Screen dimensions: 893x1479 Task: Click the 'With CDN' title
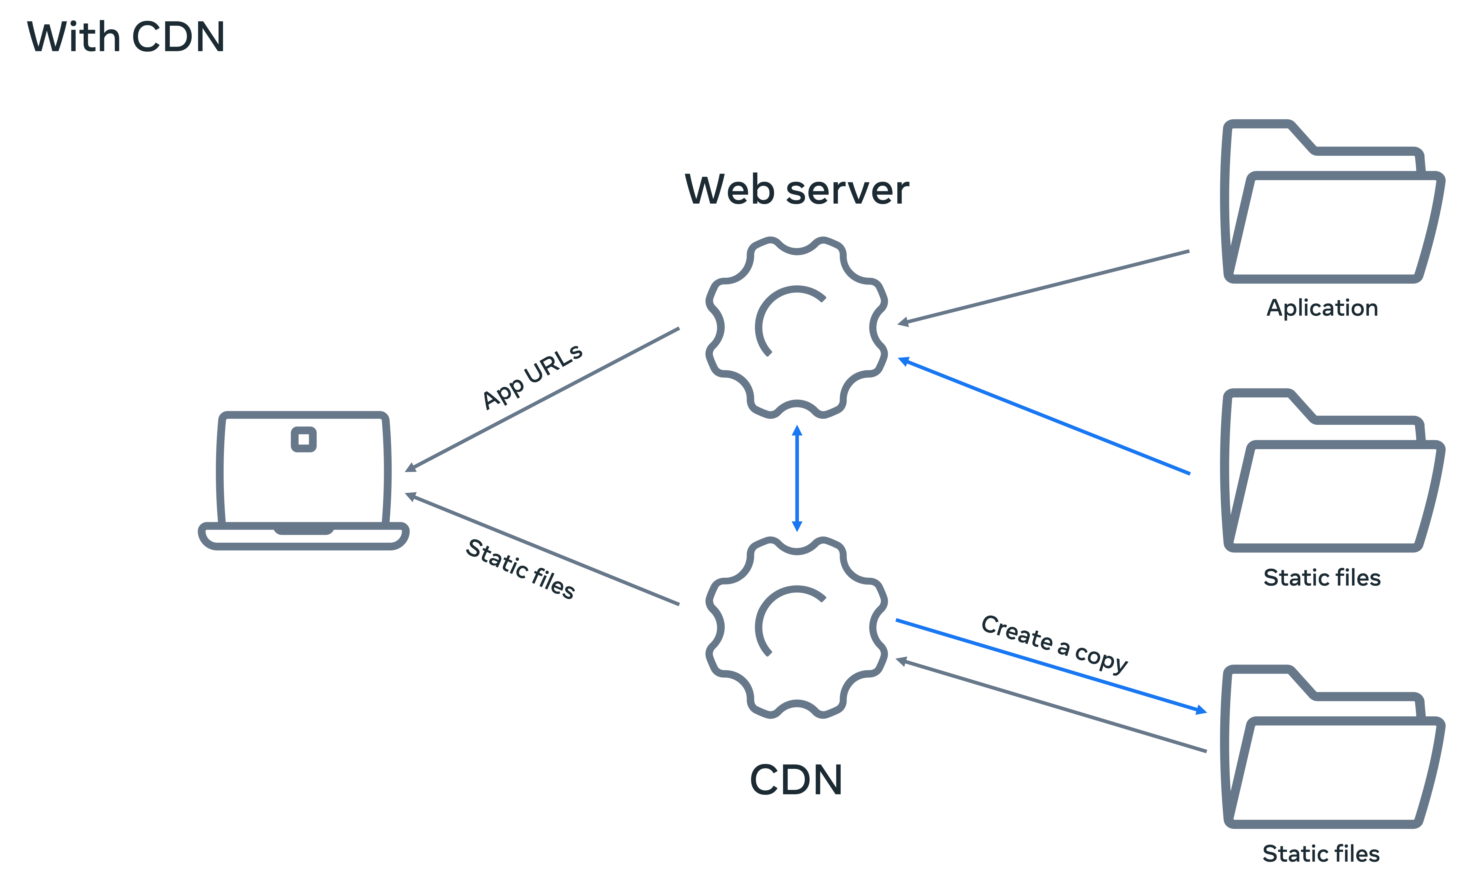[126, 37]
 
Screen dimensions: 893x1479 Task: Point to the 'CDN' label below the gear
[796, 780]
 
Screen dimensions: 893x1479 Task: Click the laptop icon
[304, 480]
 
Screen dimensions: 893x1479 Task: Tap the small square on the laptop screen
[304, 439]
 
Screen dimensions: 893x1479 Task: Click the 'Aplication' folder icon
[1333, 204]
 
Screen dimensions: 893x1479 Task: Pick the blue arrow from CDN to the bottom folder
[1051, 666]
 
